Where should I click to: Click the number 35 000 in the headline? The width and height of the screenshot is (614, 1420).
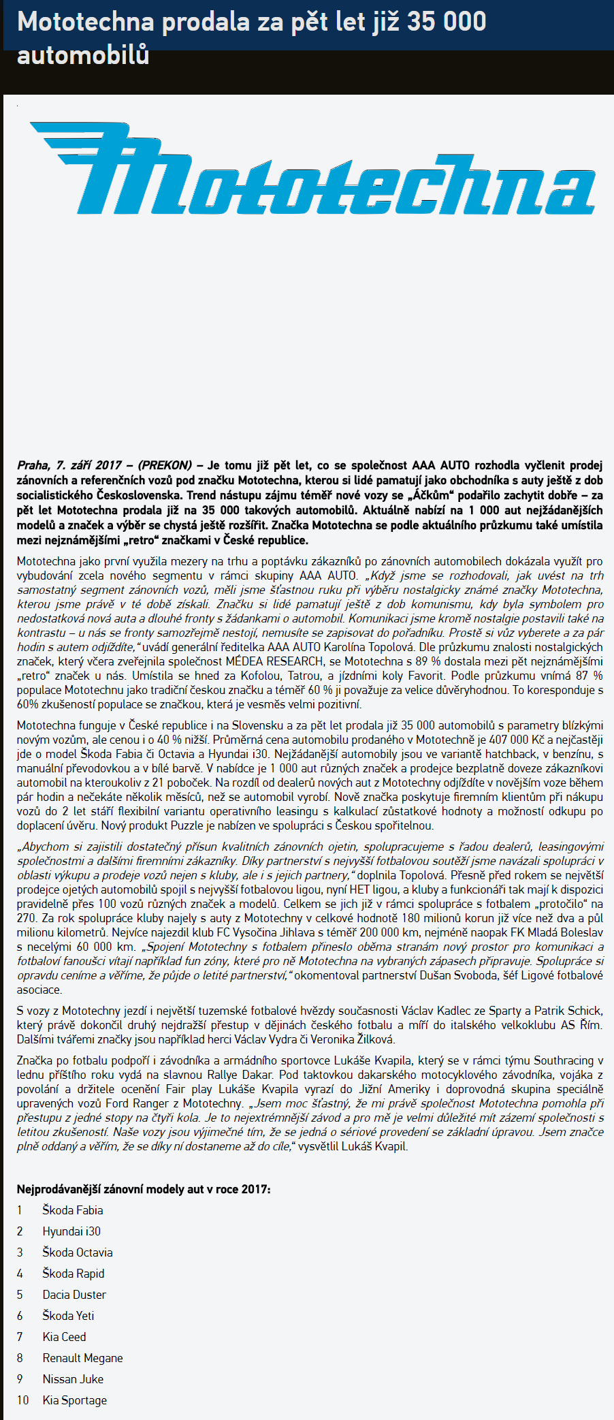447,22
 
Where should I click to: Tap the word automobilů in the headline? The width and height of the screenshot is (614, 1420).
82,55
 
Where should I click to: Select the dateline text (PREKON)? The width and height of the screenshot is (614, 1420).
165,465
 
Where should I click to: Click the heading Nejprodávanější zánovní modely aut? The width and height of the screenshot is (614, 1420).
143,1189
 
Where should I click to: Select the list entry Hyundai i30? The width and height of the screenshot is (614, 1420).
71,1231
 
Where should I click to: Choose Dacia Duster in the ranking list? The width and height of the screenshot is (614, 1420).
74,1295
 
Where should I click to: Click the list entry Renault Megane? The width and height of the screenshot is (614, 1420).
82,1358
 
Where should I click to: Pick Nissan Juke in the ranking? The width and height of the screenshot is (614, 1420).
73,1379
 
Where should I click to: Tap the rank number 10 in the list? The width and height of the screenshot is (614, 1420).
23,1400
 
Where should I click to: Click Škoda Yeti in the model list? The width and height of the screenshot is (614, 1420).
68,1316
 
